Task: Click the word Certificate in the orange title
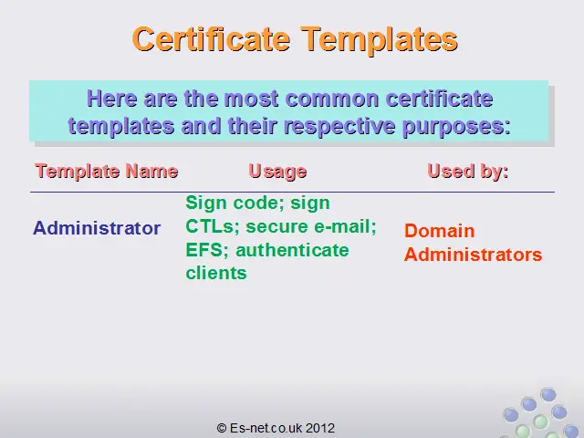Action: [x=211, y=39]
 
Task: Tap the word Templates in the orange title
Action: [x=380, y=40]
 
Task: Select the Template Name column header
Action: [x=107, y=172]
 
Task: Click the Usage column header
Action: [x=277, y=172]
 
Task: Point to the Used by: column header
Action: [x=468, y=172]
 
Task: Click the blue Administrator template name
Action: [x=97, y=227]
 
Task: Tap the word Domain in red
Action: [x=440, y=231]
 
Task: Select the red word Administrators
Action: [x=473, y=255]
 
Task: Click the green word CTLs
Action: [x=210, y=226]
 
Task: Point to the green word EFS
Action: [x=204, y=249]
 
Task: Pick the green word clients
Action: [x=216, y=273]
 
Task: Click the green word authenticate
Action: [x=292, y=249]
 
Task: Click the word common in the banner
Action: [x=332, y=99]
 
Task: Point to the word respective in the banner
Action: [x=339, y=127]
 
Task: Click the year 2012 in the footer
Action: [x=320, y=428]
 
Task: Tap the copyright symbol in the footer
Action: [x=222, y=428]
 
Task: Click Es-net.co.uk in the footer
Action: [x=266, y=428]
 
